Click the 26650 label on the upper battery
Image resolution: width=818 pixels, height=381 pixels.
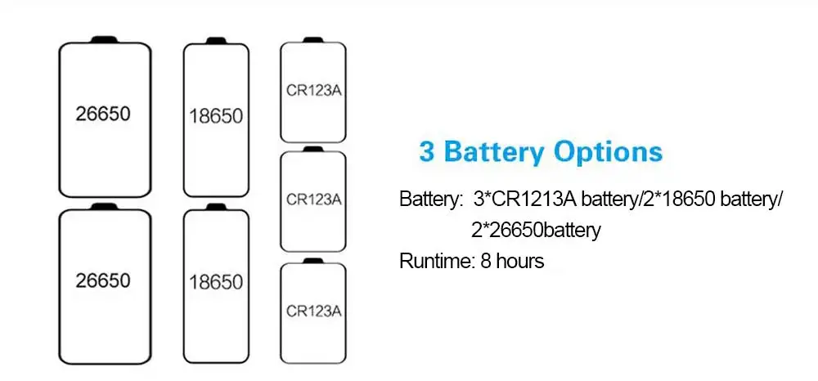(102, 114)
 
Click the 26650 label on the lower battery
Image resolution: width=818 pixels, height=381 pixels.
(102, 280)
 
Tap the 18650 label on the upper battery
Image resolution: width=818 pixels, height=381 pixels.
(215, 115)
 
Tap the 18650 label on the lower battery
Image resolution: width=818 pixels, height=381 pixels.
(215, 282)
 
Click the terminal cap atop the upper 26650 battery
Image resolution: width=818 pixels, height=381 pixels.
(105, 38)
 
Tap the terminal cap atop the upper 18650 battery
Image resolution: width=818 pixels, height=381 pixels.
(216, 40)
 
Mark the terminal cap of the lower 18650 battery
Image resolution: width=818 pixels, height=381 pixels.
(216, 208)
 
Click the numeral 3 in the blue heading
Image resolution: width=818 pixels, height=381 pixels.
(427, 153)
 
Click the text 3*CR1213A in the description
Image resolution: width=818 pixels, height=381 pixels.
(512, 199)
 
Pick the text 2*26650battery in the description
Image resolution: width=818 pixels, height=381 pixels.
(536, 231)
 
